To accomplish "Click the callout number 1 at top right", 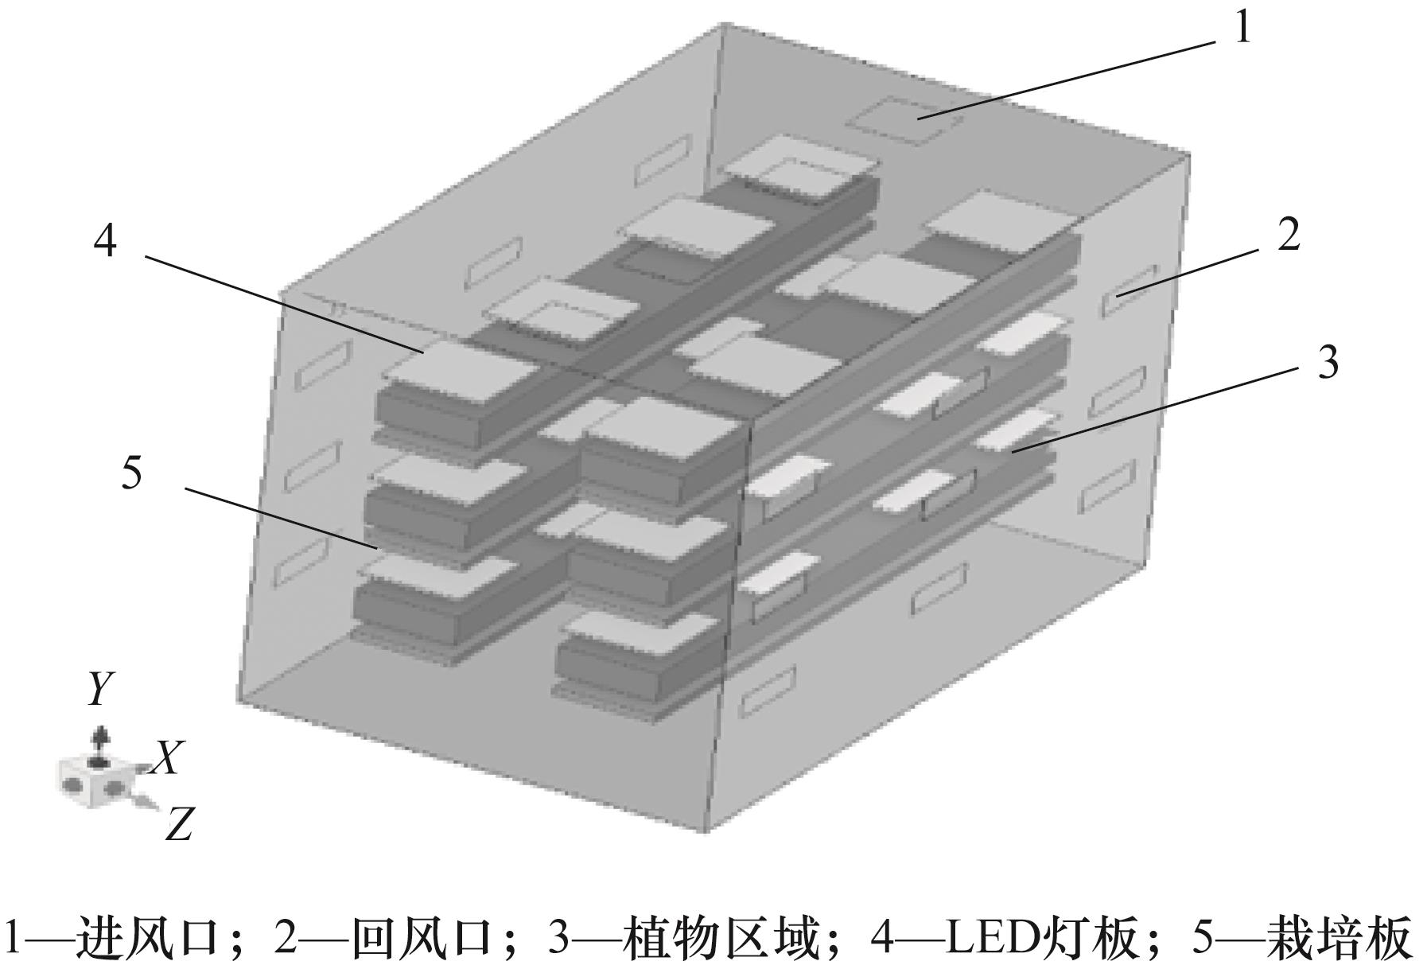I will tap(1242, 29).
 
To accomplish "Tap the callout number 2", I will tap(1288, 235).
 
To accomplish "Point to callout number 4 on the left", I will tap(105, 239).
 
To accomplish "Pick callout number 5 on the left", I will tap(131, 473).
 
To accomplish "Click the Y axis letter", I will tap(99, 689).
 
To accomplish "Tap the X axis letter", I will tap(168, 757).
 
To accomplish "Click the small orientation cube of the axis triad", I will tap(92, 780).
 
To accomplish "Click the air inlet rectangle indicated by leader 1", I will tap(903, 121).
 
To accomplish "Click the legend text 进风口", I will tap(147, 939).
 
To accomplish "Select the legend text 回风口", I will tap(422, 939).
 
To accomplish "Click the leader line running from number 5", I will tap(278, 518).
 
